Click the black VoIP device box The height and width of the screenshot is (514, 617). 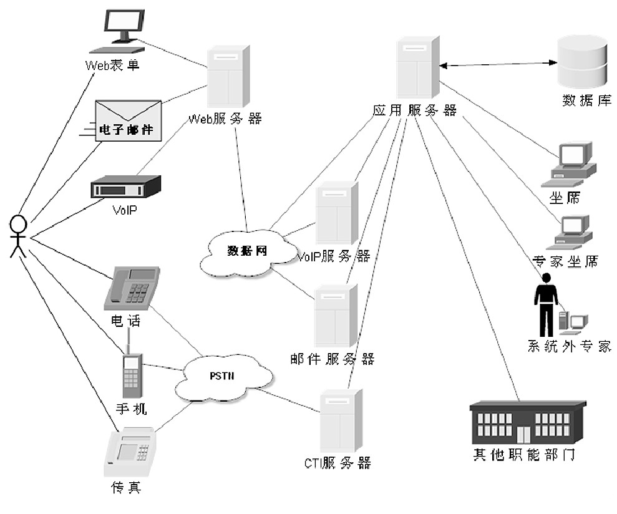pos(125,187)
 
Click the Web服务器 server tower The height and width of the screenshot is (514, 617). pos(228,76)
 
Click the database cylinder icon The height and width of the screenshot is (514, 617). pos(581,62)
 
